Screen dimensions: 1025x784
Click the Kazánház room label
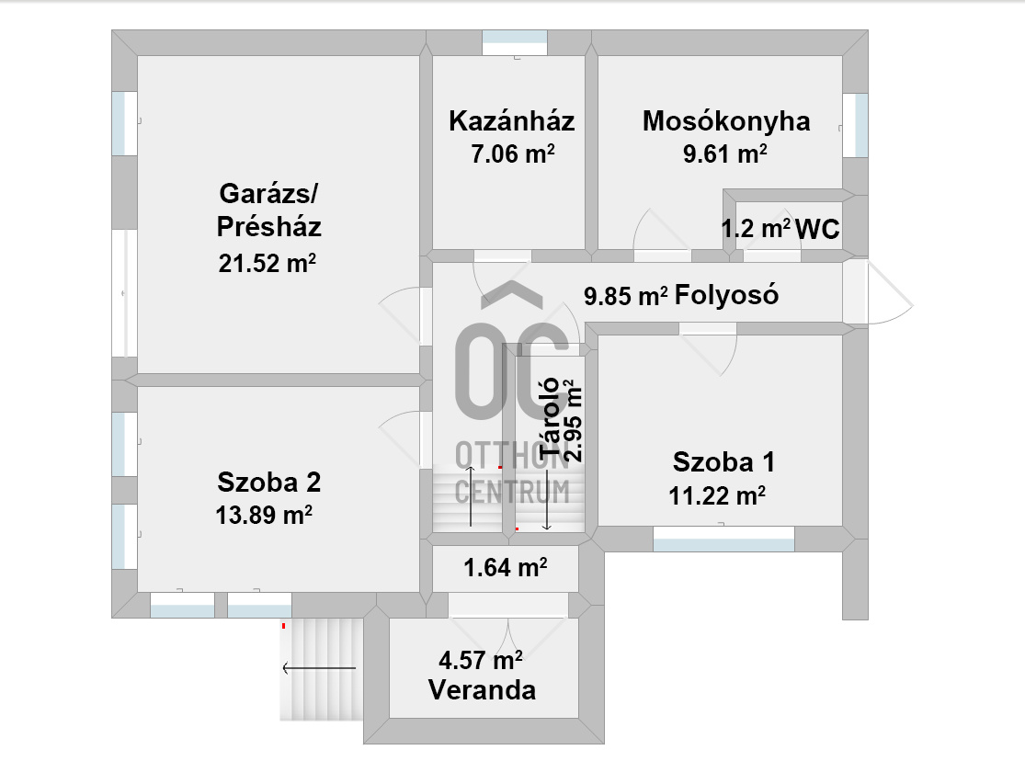pos(511,121)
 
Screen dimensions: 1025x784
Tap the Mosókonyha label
pos(726,121)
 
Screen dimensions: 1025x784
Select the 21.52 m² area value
pos(268,263)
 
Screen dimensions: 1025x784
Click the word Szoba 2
pos(269,483)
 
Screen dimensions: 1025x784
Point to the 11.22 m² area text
pos(717,495)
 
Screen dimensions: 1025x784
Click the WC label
pos(818,230)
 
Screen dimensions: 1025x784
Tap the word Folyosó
pos(727,295)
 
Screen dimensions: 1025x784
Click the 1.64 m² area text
pos(506,567)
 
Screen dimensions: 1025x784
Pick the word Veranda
pos(483,690)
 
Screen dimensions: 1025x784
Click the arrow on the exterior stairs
pos(319,668)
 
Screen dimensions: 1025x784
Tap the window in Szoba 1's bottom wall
pos(723,539)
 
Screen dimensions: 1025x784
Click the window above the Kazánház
pos(515,43)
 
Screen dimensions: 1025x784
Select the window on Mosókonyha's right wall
pos(855,125)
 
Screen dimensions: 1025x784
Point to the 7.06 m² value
pos(513,154)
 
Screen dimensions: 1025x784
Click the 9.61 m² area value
pos(725,154)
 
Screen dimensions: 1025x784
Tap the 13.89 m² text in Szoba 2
pos(264,515)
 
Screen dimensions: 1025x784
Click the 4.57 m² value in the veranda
pos(481,660)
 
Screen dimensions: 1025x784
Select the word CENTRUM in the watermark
pos(513,492)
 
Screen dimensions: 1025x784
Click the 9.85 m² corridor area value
pos(626,296)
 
